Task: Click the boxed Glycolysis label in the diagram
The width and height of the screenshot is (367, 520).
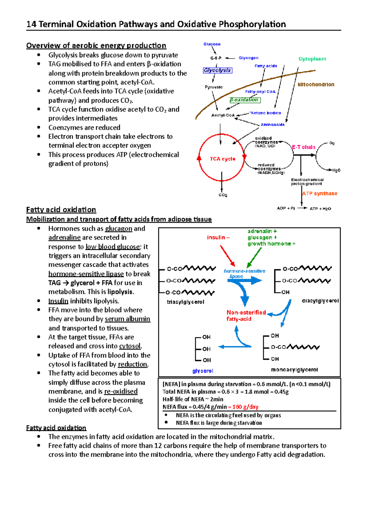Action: (217, 70)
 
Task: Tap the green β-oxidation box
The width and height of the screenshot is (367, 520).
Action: (245, 100)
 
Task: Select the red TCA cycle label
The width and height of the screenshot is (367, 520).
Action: (222, 159)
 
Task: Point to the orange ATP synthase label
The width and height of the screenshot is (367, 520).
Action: (320, 194)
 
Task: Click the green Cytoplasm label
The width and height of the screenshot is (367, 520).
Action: (312, 59)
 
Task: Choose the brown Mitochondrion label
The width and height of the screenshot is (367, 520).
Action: (316, 85)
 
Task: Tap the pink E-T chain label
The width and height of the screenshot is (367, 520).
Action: (303, 147)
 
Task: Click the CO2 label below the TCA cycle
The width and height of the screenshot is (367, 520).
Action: (223, 195)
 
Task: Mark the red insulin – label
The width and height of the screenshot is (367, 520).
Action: (218, 237)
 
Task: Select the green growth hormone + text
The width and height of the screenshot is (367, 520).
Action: (271, 244)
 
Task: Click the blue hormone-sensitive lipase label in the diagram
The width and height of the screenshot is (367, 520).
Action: (244, 273)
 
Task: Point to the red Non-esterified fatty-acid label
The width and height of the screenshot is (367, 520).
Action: (246, 315)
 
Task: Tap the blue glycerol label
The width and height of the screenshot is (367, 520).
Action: (202, 371)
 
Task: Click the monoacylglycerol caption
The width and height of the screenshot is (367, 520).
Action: (294, 370)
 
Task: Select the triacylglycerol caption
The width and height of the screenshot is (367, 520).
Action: (185, 302)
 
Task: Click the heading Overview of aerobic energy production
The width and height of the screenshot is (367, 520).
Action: (96, 46)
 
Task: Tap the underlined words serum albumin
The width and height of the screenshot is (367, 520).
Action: (127, 319)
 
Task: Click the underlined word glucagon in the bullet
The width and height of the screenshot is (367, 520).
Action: (118, 228)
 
